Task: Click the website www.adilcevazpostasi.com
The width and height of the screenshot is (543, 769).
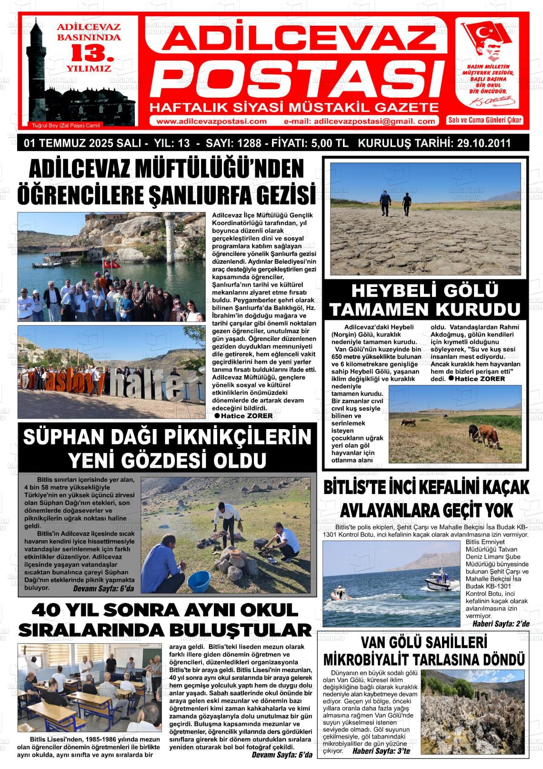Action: [211, 121]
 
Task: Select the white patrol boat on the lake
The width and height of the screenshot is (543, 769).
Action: [438, 584]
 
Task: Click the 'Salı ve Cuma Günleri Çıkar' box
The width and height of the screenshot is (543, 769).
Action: [484, 120]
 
